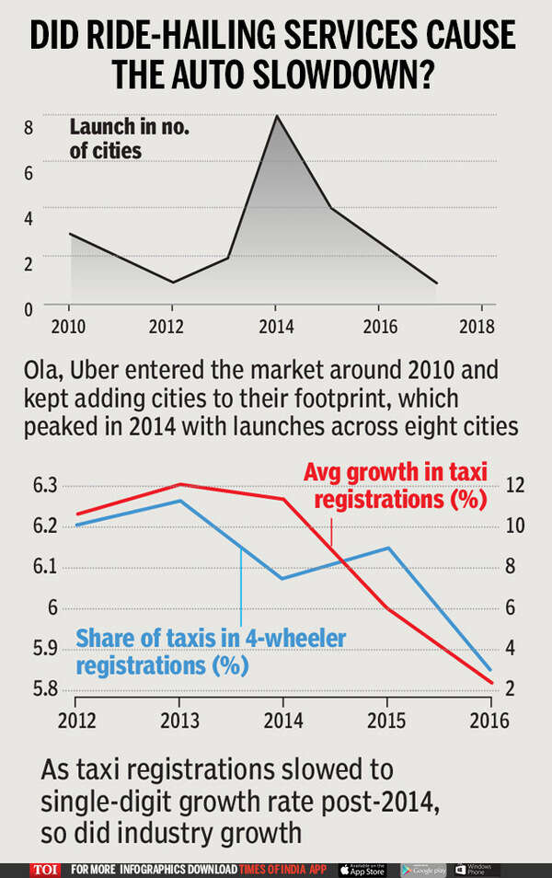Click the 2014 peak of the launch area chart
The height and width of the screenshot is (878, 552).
pos(277,116)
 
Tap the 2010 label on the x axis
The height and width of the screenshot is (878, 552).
pos(68,327)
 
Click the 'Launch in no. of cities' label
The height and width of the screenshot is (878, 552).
pos(129,139)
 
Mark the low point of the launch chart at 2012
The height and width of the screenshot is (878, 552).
pos(173,283)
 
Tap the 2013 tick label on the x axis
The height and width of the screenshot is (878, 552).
pos(178,722)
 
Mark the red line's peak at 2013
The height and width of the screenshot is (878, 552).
pos(178,484)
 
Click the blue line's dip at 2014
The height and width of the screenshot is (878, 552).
pos(282,579)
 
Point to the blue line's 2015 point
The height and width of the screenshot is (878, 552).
pos(388,549)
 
